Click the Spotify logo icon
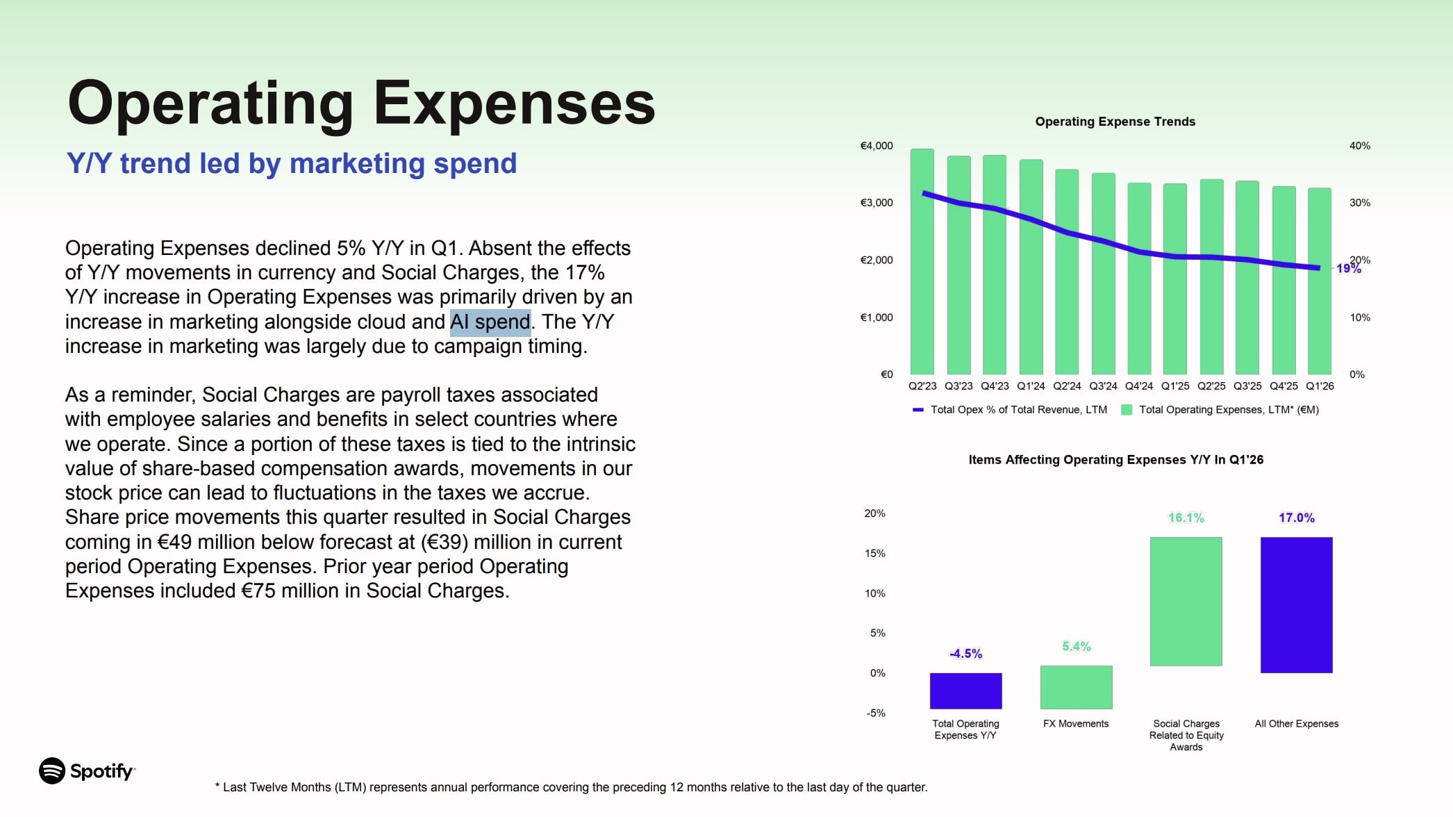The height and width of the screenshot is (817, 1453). point(52,770)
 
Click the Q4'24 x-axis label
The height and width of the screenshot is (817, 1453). point(1139,386)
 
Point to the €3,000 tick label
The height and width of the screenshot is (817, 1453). point(877,203)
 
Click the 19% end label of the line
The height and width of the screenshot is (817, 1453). point(1349,268)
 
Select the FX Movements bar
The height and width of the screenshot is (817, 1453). point(1076,687)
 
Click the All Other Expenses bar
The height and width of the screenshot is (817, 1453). point(1296,604)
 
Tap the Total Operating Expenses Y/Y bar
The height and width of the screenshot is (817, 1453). point(965,691)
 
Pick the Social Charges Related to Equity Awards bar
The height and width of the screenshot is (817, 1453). point(1186,601)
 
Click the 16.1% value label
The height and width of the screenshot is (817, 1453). point(1186,518)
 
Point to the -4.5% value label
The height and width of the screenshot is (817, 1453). point(965,654)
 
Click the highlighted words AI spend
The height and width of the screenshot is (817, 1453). point(490,322)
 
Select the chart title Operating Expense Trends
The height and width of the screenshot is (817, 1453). point(1115,122)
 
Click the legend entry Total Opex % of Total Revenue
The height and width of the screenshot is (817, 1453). point(1018,410)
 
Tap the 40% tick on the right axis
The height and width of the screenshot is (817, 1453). point(1359,146)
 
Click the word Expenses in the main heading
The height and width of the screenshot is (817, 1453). point(514,103)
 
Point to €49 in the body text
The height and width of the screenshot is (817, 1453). point(173,542)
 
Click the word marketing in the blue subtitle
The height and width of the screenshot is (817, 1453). point(356,164)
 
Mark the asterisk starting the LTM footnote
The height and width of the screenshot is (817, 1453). point(217,786)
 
